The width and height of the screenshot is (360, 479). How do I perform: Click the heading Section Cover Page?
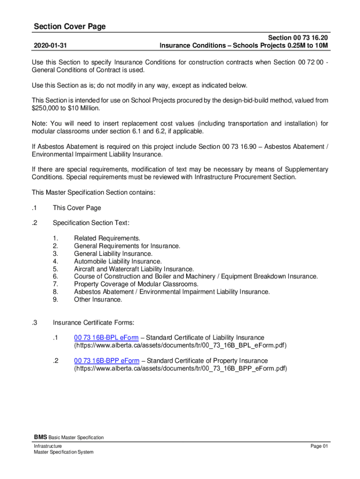coord(70,27)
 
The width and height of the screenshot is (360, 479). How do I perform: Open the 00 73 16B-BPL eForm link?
coord(106,338)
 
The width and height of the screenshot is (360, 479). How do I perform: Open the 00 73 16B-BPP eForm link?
coord(107,361)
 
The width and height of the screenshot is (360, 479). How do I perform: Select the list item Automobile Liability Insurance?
coord(118,261)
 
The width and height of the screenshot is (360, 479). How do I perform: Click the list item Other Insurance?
coord(98,299)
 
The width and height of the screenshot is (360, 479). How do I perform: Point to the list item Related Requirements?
coord(107,239)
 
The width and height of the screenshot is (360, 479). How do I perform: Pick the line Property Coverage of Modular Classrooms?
coord(136,284)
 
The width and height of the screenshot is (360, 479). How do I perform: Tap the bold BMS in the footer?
coord(39,437)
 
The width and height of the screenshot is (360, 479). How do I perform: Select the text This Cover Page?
coord(77,208)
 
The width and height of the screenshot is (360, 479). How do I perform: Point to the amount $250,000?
coord(46,108)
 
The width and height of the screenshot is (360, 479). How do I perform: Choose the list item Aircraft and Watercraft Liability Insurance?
coord(134,269)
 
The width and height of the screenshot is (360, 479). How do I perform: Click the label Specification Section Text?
coord(91,223)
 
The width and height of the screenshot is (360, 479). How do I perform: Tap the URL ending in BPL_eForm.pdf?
coord(180,346)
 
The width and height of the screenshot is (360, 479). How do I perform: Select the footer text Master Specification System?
coord(64,452)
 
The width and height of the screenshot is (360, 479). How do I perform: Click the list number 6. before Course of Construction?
coord(56,276)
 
